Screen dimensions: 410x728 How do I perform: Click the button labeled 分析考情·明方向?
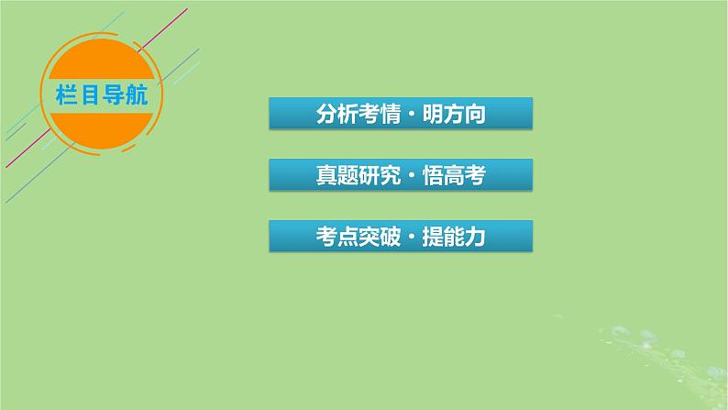click(401, 115)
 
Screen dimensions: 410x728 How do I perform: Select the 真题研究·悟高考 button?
click(401, 175)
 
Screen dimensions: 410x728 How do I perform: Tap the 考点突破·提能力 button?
click(401, 237)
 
